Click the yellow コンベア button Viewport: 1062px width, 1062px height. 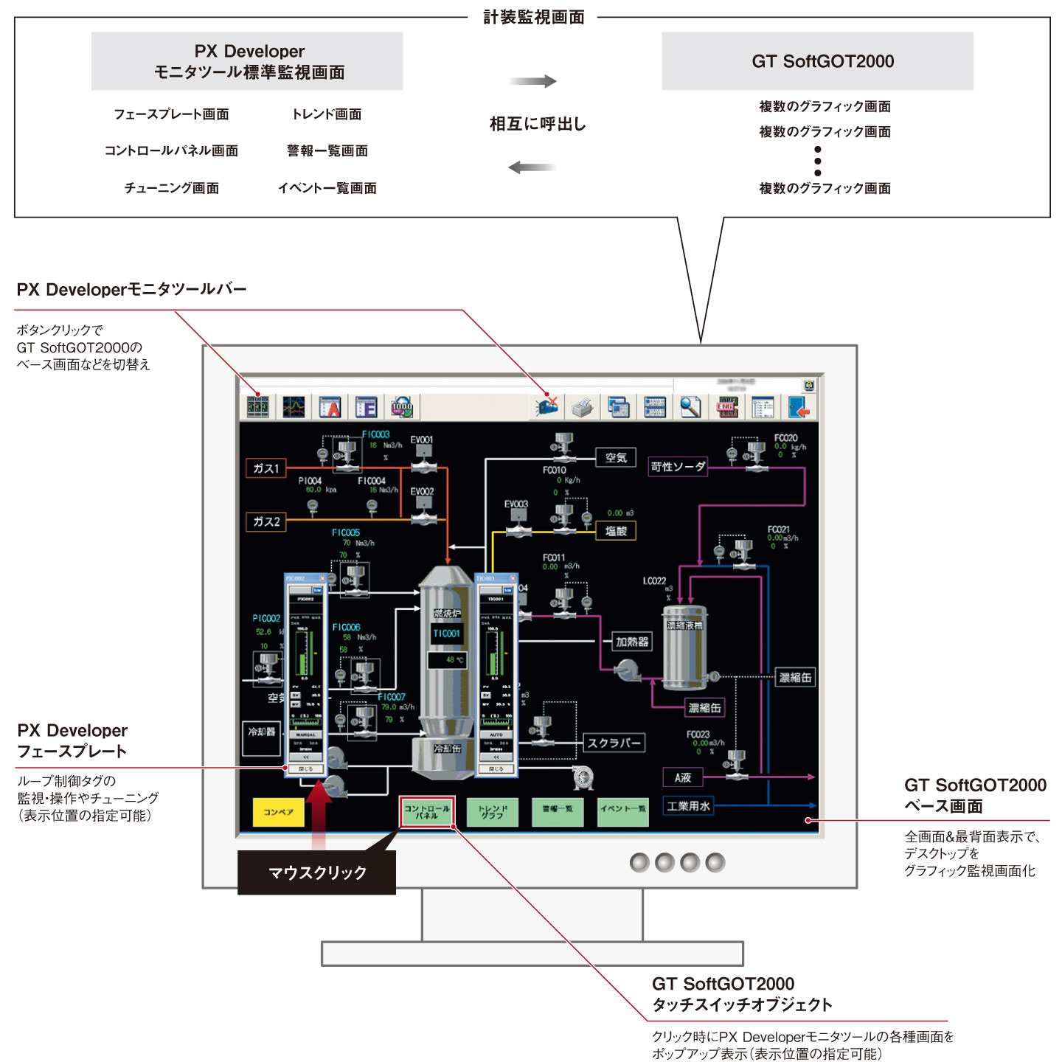tap(278, 812)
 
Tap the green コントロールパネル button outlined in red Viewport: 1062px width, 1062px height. tap(426, 812)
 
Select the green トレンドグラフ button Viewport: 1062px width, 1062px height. tap(492, 812)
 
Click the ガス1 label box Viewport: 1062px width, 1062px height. tap(266, 468)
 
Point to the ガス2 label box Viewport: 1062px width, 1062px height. tap(266, 521)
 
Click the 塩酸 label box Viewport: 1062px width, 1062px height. tap(616, 531)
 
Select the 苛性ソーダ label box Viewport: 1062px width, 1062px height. tap(678, 467)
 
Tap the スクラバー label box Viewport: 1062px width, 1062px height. tap(614, 743)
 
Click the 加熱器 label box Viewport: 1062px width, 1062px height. tap(632, 642)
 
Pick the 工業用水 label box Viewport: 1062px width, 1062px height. tap(688, 806)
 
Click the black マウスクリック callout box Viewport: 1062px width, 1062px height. tap(316, 872)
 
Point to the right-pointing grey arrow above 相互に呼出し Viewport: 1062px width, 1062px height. tap(532, 81)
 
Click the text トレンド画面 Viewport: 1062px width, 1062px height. tap(327, 114)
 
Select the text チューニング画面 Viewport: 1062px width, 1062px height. tap(171, 188)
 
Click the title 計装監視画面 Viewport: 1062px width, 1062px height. tap(533, 17)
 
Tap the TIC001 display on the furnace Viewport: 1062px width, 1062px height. tap(447, 634)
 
